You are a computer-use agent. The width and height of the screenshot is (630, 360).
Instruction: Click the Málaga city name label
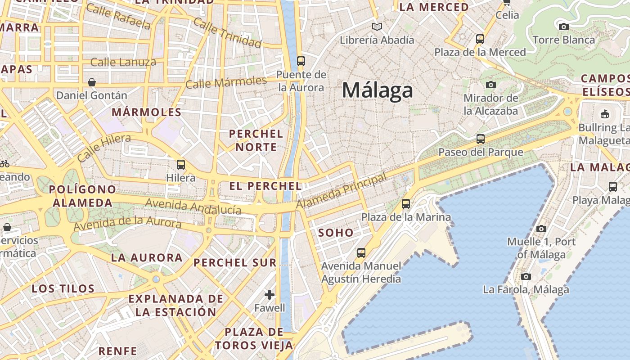click(377, 90)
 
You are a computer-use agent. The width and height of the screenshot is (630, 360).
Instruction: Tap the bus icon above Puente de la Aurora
click(301, 61)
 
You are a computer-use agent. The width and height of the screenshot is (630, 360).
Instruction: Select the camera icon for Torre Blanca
click(563, 27)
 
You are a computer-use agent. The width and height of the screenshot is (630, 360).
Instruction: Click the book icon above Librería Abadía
click(377, 27)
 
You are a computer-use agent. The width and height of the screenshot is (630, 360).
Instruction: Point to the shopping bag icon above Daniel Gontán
click(92, 82)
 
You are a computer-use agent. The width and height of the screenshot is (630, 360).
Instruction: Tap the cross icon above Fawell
click(270, 295)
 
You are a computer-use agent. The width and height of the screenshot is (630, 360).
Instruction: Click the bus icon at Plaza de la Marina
click(406, 204)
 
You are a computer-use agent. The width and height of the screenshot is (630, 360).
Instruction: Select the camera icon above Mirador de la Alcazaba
click(491, 85)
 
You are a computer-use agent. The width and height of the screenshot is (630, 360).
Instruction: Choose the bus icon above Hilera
click(181, 165)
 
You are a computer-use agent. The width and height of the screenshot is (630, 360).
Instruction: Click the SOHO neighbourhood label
click(336, 233)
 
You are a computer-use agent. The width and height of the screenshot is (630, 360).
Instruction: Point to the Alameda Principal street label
click(342, 191)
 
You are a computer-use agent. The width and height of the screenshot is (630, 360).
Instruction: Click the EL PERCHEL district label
click(265, 186)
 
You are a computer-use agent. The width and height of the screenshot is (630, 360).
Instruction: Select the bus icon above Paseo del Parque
click(481, 139)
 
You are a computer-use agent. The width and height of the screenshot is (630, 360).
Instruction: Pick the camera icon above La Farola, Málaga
click(526, 276)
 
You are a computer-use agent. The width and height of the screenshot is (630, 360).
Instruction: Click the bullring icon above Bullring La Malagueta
click(604, 114)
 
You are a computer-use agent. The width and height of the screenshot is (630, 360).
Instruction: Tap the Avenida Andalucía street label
click(193, 207)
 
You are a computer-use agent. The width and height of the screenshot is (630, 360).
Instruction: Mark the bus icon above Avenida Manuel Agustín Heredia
click(361, 253)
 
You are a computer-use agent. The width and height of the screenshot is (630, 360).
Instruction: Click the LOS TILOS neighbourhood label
click(63, 288)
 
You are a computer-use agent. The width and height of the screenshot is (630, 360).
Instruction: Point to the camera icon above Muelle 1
click(541, 229)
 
